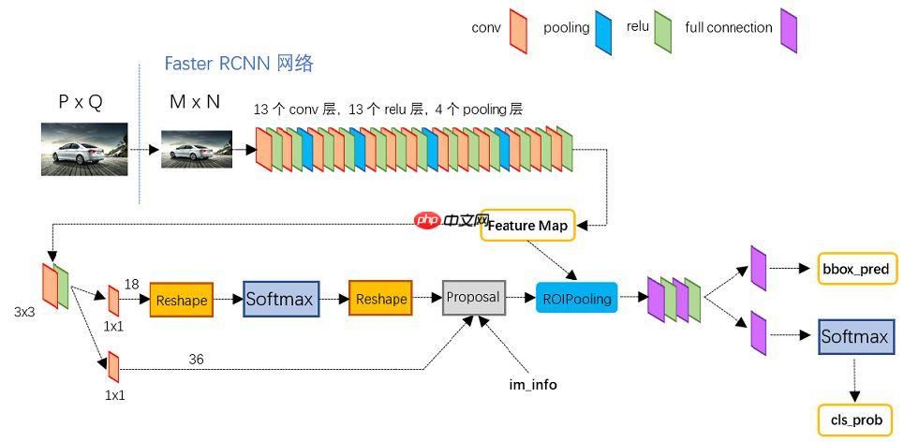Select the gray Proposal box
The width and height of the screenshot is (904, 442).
click(x=473, y=297)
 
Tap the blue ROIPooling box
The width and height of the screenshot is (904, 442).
click(x=577, y=299)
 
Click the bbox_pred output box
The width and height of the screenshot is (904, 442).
click(x=855, y=269)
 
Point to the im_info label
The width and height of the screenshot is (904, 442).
click(x=532, y=384)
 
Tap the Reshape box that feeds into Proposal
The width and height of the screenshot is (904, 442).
click(x=380, y=299)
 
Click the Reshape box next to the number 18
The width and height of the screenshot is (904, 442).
click(x=182, y=301)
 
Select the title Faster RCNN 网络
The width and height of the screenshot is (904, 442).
click(x=238, y=64)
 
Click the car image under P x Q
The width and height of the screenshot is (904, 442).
click(x=83, y=149)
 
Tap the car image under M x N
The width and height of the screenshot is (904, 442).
click(x=196, y=149)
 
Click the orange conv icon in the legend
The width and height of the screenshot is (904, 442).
click(x=517, y=30)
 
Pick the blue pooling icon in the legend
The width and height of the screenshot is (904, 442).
click(x=604, y=30)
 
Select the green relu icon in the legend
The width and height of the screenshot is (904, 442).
click(x=662, y=30)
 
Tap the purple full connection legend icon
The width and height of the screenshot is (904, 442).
click(x=789, y=30)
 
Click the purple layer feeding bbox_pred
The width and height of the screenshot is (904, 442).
click(x=759, y=267)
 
